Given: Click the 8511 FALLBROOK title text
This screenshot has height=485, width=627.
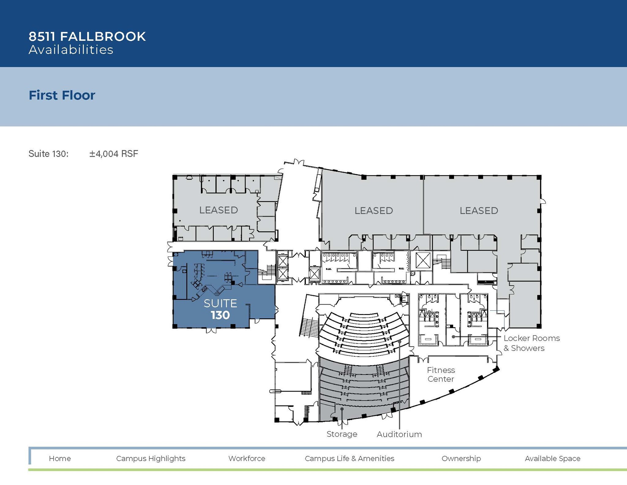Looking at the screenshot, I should tap(87, 36).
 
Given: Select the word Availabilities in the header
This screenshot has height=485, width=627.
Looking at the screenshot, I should tap(71, 50).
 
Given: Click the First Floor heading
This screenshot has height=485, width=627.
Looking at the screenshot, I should tap(62, 95).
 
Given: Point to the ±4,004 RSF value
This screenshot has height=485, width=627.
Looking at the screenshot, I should tap(114, 153).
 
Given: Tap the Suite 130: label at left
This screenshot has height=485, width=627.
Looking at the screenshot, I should tap(48, 153).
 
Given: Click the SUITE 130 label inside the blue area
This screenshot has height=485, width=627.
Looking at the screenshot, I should tap(220, 309).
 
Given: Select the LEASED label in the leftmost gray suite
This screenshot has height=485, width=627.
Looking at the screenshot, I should tap(219, 210).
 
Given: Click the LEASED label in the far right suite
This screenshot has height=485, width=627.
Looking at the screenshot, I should tap(479, 211).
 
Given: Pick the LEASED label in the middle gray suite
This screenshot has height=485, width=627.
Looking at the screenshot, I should tap(374, 211).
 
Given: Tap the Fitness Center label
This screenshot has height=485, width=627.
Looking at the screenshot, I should tap(441, 374).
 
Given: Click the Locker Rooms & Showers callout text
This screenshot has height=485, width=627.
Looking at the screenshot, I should tap(531, 343).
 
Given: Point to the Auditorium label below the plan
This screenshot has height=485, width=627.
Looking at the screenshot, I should tap(399, 434).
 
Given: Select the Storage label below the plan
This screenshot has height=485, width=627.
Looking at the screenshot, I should tap(342, 434).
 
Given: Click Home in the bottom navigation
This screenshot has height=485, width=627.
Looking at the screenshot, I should tap(60, 458).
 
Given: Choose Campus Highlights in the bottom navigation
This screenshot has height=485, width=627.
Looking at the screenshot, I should tap(151, 458).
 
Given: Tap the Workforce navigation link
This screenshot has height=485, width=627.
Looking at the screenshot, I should tap(247, 458).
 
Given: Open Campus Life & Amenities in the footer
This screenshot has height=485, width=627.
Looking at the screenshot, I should tap(349, 458).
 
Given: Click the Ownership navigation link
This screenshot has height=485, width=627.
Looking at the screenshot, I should tap(461, 458).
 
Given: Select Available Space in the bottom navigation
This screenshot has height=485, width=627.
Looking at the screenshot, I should tap(552, 458).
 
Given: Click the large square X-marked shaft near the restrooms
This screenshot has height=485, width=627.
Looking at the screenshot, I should tap(423, 261).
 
